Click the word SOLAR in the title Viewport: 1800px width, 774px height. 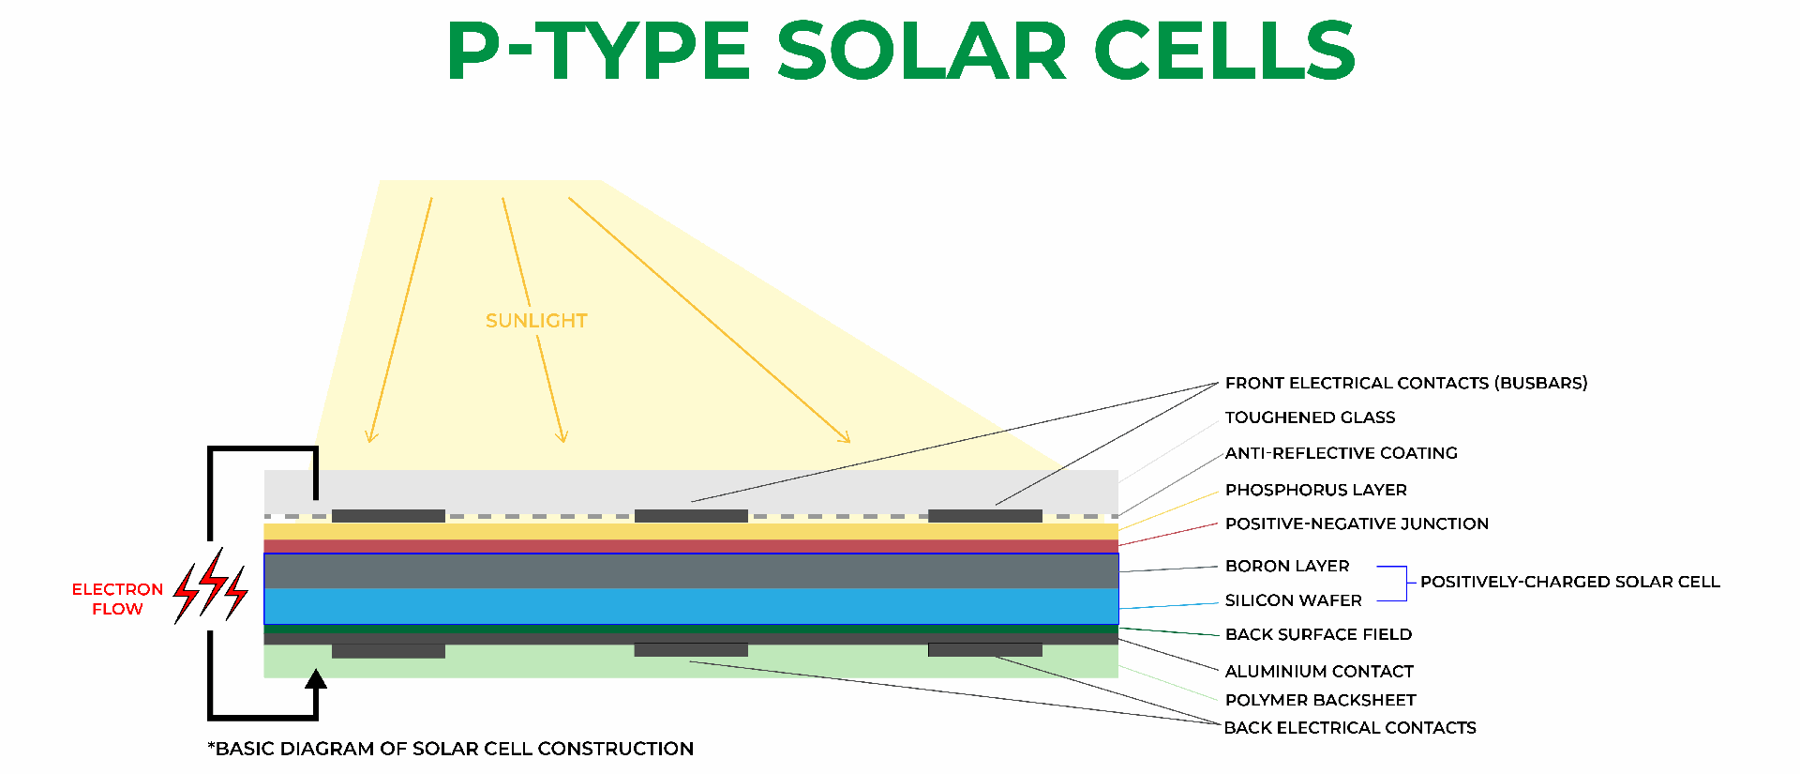pos(922,51)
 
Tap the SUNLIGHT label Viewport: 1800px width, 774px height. pos(536,321)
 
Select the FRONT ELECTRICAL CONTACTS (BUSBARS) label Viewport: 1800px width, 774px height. pos(1405,383)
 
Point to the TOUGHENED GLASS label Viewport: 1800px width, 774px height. pos(1310,417)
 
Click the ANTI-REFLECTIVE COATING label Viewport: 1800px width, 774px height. pos(1341,453)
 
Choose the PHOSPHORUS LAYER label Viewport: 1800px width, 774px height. pos(1315,490)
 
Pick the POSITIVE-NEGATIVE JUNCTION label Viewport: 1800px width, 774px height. pos(1357,524)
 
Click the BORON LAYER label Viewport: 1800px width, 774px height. pos(1287,566)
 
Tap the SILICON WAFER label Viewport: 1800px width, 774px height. pos(1293,600)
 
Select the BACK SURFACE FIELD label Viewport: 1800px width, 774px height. pos(1318,634)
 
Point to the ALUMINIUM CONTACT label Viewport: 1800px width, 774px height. pos(1319,671)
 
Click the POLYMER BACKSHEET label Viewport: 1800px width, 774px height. pos(1320,700)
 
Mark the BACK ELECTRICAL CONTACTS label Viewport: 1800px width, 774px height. pos(1350,728)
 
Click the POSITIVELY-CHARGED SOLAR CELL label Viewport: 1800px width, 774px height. pos(1569,582)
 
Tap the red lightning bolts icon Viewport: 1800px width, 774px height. pos(211,586)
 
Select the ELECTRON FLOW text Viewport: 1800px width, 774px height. pos(117,599)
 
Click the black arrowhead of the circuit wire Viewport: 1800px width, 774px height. pos(316,679)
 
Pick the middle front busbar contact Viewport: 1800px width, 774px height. pos(691,516)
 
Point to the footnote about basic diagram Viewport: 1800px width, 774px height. pos(450,749)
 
